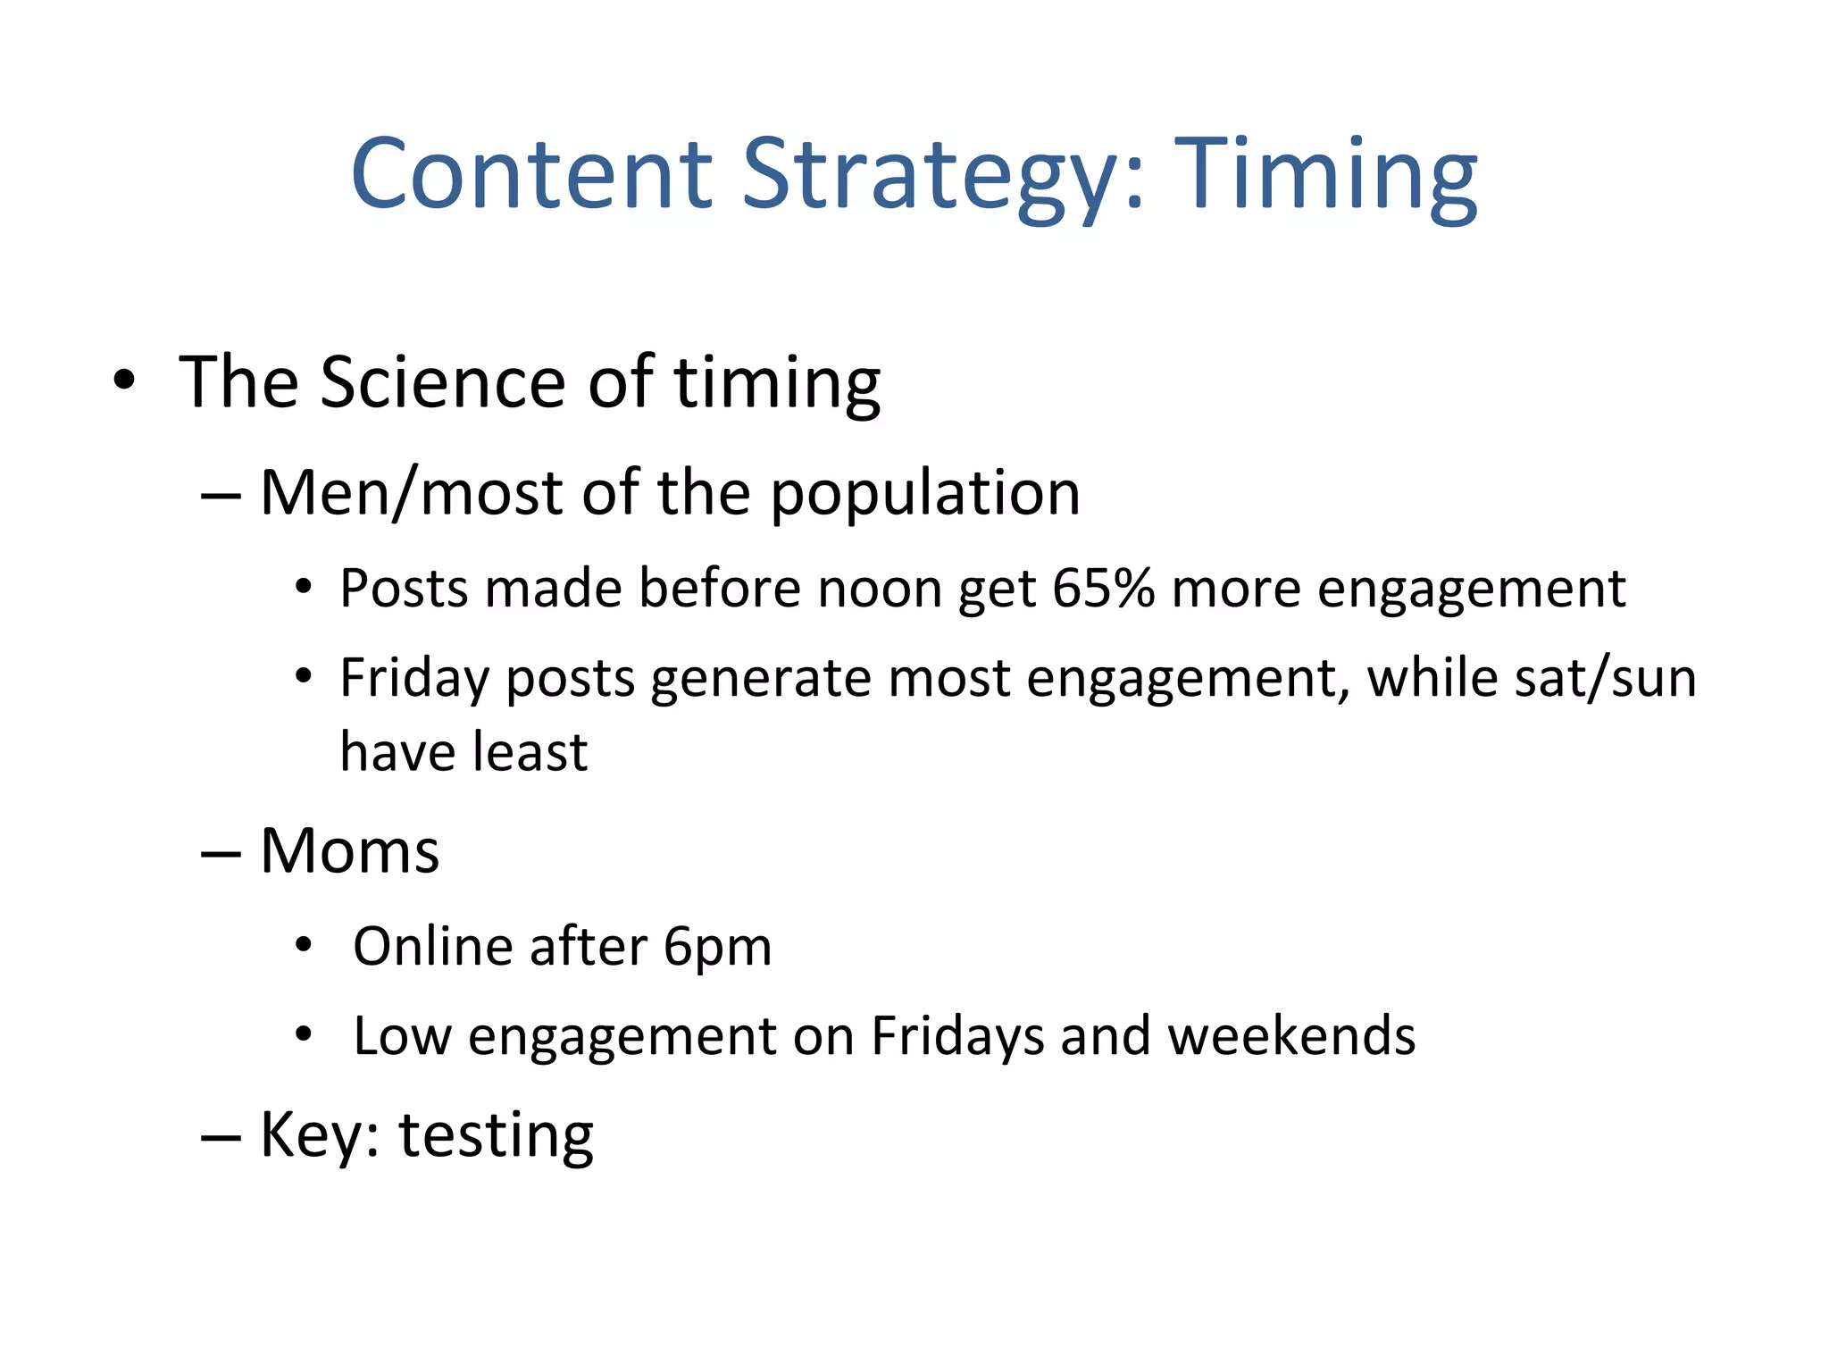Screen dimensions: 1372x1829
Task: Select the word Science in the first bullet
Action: click(443, 382)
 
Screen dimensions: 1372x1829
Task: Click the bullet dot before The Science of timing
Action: click(124, 381)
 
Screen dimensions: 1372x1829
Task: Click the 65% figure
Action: click(1103, 589)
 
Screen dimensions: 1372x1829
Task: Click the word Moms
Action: click(349, 850)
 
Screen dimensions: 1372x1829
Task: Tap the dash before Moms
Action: click(221, 854)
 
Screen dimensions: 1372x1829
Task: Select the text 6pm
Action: click(717, 947)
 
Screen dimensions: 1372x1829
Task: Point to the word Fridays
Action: click(956, 1036)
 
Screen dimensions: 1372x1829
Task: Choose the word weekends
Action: click(1291, 1036)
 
